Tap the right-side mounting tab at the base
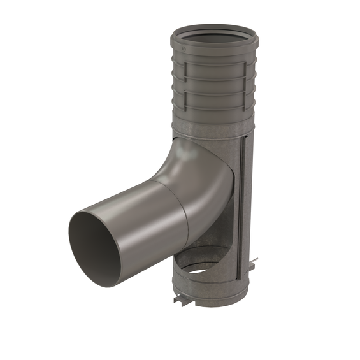tap(254, 261)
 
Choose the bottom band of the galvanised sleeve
tap(210, 290)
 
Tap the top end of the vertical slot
tap(243, 145)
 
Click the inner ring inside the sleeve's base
tap(210, 261)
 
